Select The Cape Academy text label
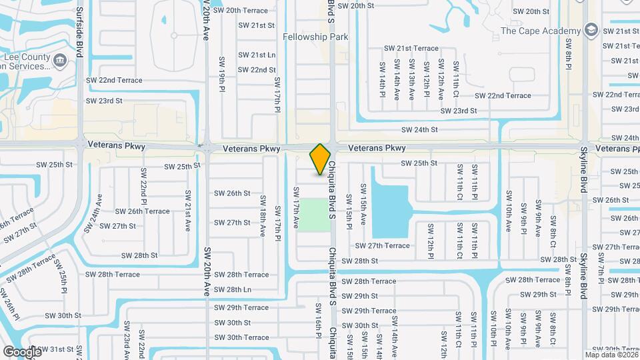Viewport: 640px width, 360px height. [541, 31]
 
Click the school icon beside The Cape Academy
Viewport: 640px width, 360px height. [591, 31]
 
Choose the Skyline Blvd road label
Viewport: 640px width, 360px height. [583, 170]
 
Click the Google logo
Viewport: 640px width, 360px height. [22, 351]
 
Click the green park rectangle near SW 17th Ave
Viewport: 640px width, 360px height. [314, 215]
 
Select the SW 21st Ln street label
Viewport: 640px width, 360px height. [257, 55]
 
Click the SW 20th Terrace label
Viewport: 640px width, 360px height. [237, 11]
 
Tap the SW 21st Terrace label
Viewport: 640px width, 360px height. [411, 48]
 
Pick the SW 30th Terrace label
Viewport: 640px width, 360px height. [241, 337]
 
